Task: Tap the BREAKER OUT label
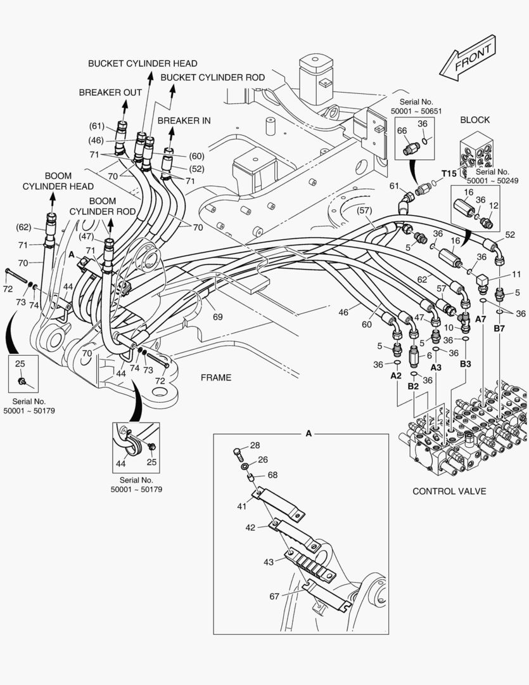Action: pyautogui.click(x=110, y=93)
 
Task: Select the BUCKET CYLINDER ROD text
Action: pyautogui.click(x=212, y=77)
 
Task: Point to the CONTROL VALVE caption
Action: pyautogui.click(x=449, y=492)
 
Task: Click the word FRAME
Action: pyautogui.click(x=216, y=378)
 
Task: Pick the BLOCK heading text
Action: pyautogui.click(x=475, y=120)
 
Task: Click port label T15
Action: pyautogui.click(x=449, y=174)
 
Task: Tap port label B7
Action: pyautogui.click(x=499, y=328)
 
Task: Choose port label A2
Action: pyautogui.click(x=396, y=375)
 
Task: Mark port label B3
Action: pyautogui.click(x=466, y=364)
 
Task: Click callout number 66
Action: pyautogui.click(x=402, y=131)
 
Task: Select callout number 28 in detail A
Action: pyautogui.click(x=255, y=446)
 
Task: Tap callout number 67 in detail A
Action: pyautogui.click(x=274, y=596)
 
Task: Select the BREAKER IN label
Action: pyautogui.click(x=184, y=121)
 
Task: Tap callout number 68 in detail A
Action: pyautogui.click(x=272, y=474)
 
